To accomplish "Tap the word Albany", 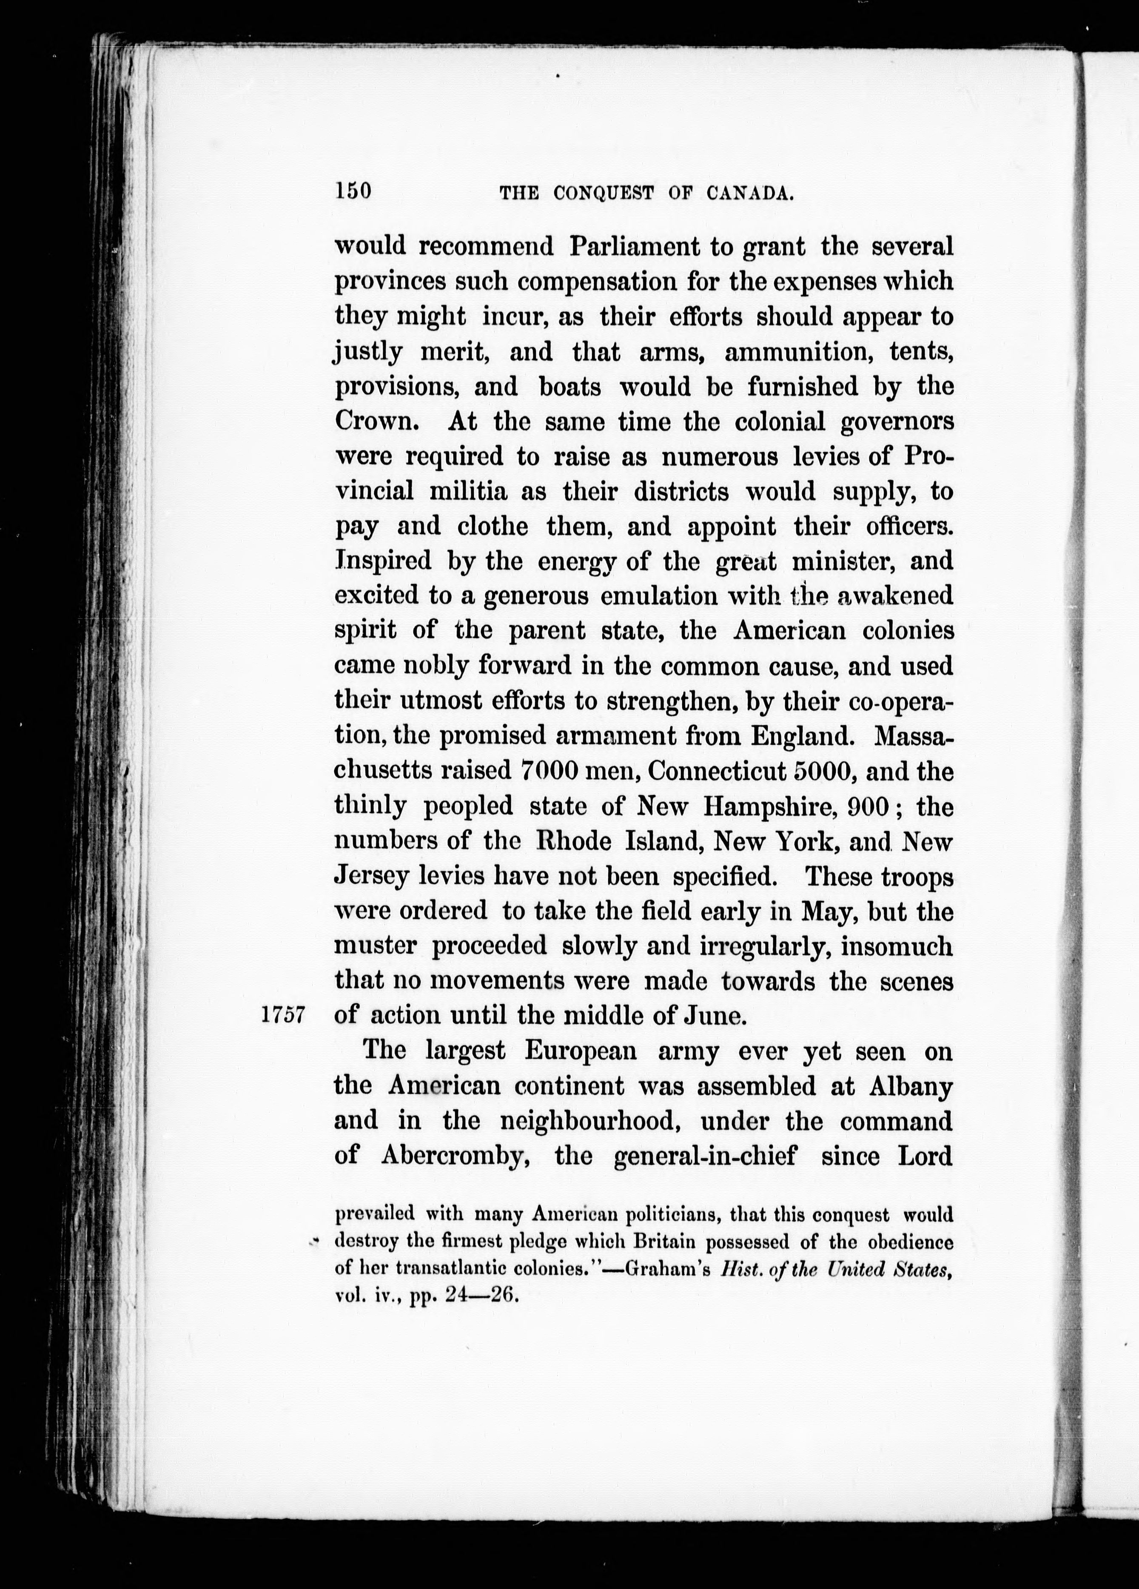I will coord(911,1086).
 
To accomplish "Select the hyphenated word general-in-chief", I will coord(705,1155).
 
